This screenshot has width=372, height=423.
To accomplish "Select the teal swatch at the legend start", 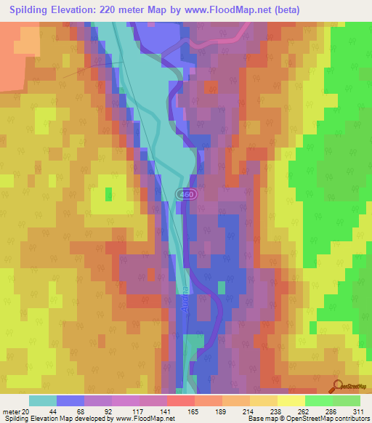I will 43,400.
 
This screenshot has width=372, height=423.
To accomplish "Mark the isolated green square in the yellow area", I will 110,193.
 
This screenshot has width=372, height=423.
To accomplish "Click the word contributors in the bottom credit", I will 351,419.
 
